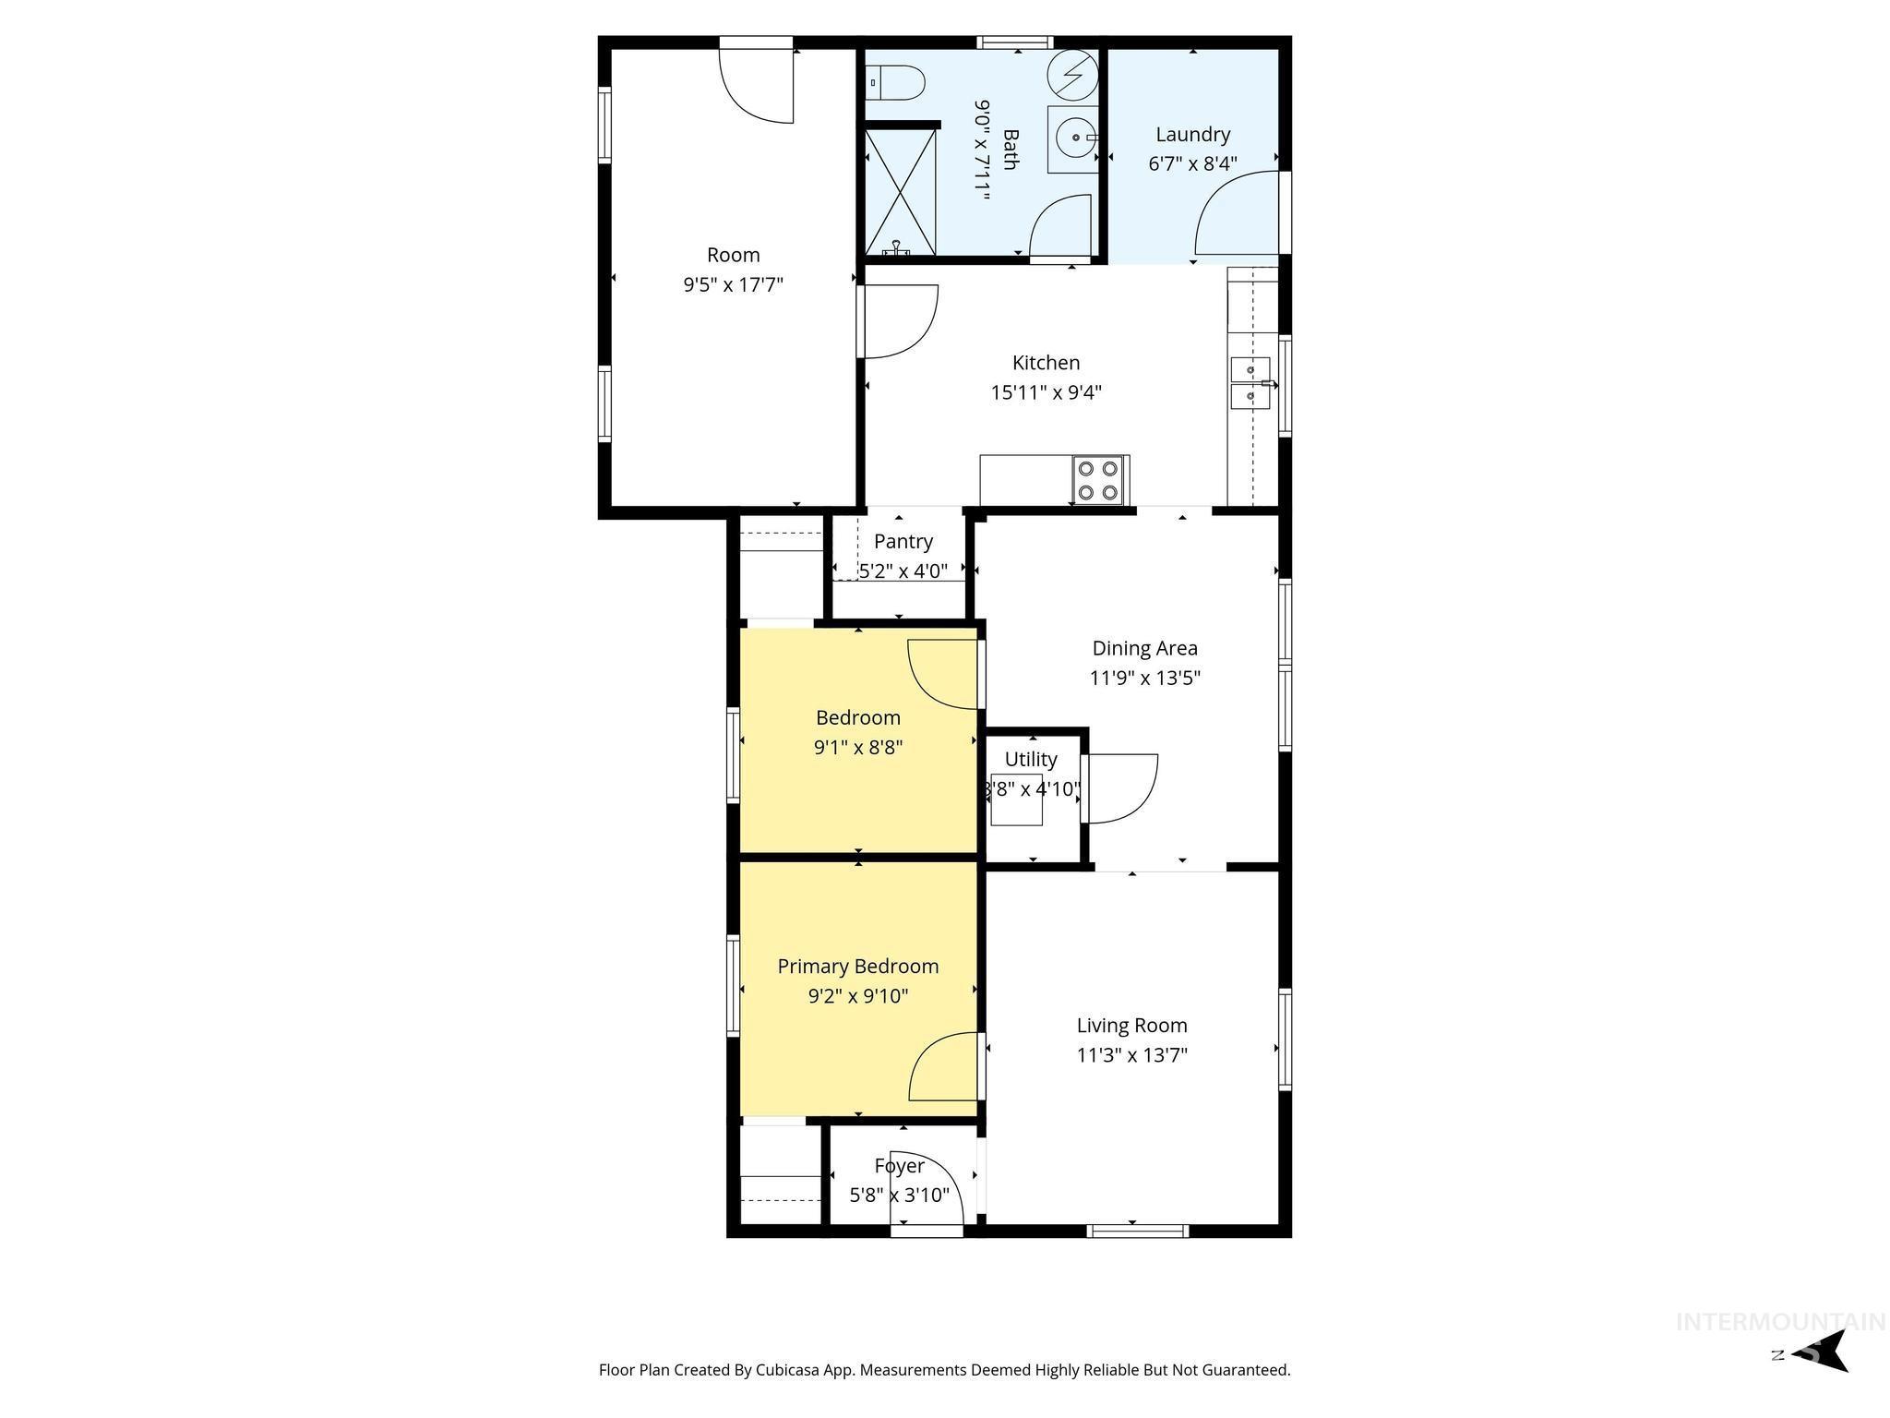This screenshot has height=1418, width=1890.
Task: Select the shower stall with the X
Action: click(900, 192)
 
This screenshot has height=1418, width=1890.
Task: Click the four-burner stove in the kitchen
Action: click(1100, 480)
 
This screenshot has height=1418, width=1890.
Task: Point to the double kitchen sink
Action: click(1250, 382)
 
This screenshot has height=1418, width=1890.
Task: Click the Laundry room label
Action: click(1192, 135)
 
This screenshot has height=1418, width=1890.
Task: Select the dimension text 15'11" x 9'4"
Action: click(1046, 392)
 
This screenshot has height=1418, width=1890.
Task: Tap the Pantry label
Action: click(903, 541)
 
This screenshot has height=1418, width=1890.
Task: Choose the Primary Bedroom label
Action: click(857, 967)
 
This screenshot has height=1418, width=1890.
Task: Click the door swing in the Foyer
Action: click(927, 1191)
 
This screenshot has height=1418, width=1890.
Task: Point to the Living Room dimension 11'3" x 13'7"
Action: click(1131, 1055)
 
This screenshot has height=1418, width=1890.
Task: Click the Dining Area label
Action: click(1144, 648)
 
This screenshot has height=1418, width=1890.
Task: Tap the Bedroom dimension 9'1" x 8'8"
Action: click(857, 747)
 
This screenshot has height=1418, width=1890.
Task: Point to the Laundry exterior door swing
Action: click(1237, 214)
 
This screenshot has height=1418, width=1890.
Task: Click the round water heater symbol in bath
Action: click(1073, 73)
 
